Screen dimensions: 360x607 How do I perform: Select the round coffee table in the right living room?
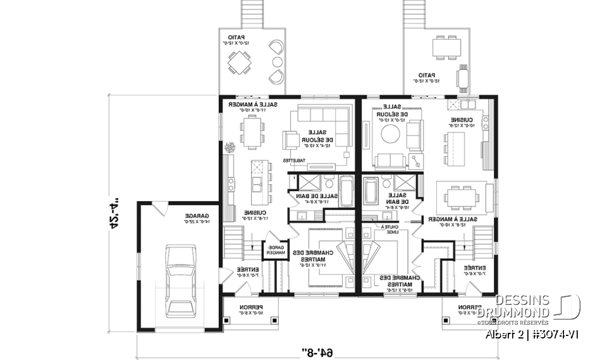click(389, 134)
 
